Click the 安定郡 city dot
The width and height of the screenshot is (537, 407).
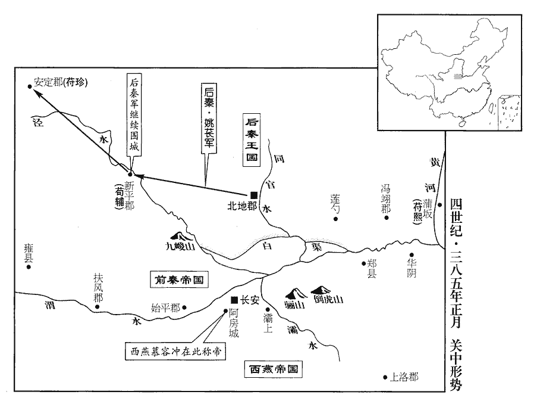(30, 86)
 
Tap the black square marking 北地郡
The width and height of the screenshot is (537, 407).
(254, 195)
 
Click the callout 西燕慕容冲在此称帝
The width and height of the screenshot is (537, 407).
(176, 352)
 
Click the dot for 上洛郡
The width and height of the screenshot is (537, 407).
(385, 377)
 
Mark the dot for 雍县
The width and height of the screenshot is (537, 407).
(28, 268)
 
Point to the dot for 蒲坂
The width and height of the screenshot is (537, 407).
(439, 204)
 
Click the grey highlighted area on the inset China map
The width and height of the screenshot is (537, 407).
(457, 76)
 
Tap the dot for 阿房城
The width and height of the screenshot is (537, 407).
(224, 310)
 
